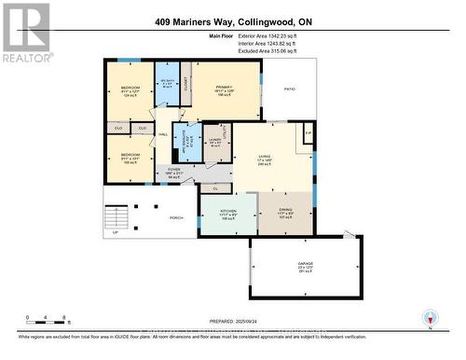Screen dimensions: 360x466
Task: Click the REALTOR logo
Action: (x=26, y=33)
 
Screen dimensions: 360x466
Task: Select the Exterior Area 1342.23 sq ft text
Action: (x=283, y=36)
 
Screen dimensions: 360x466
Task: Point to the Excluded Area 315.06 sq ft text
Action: (x=283, y=51)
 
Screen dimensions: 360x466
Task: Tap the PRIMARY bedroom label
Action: (x=225, y=89)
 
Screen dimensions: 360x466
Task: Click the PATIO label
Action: (x=289, y=89)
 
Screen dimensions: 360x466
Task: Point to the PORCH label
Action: (x=176, y=218)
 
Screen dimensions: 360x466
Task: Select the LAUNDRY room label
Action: (x=214, y=141)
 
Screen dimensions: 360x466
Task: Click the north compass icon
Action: (x=429, y=317)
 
